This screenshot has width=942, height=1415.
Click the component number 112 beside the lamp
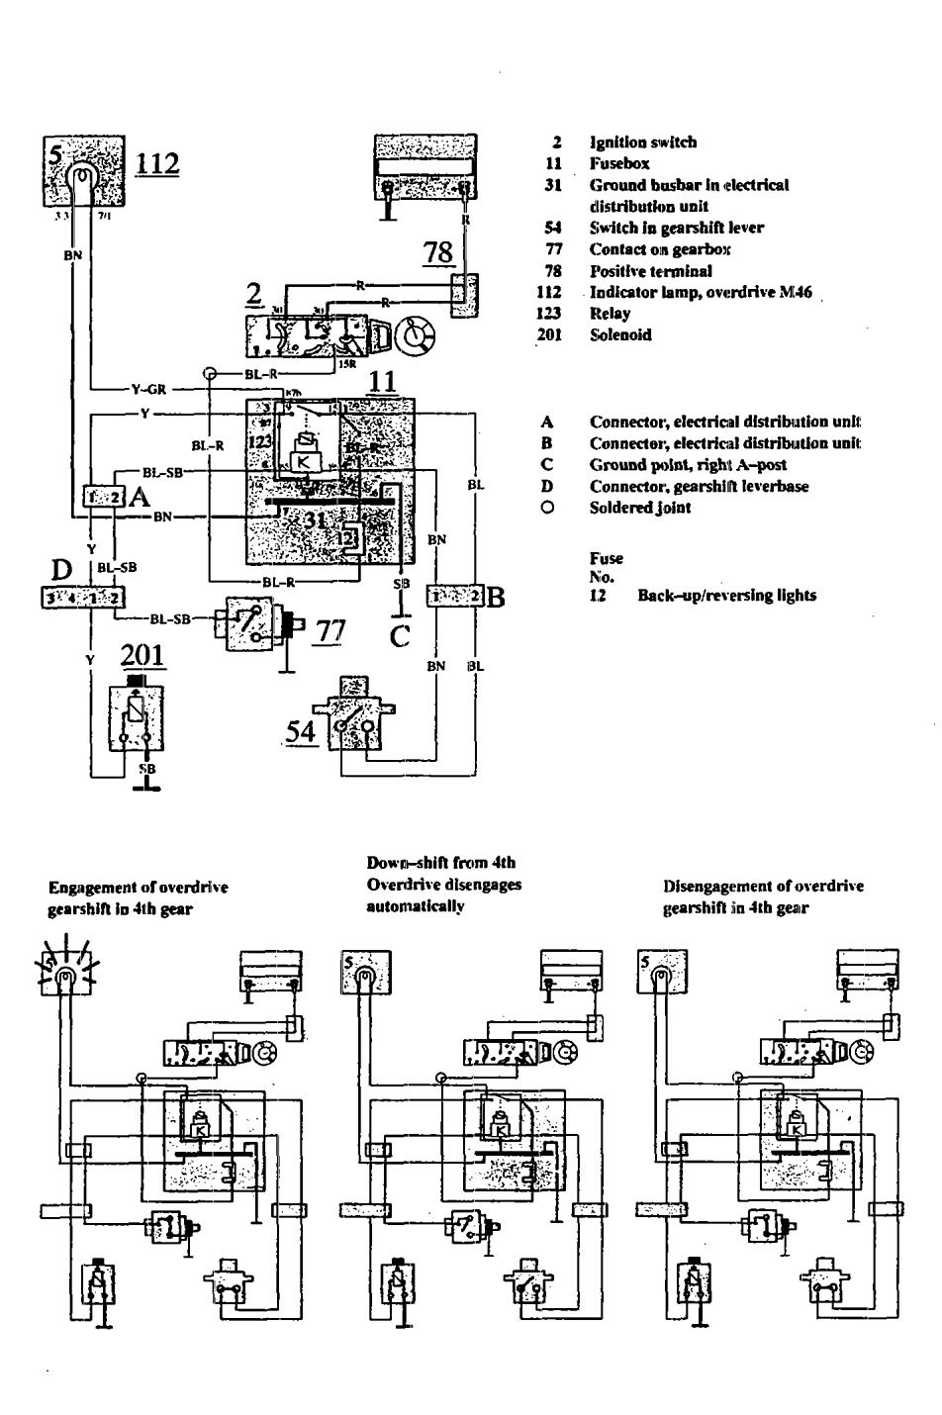158,162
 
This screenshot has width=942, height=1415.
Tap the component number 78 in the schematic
438,253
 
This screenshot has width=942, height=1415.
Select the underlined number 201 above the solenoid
143,655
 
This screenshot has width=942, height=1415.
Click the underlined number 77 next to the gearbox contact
330,630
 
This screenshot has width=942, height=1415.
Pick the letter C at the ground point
400,636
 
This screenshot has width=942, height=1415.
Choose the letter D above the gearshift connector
63,571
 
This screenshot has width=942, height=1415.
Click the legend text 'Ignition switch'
643,142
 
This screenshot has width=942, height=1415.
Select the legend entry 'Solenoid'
620,335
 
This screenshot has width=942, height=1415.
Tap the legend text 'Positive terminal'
650,271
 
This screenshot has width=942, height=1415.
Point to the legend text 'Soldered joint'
640,508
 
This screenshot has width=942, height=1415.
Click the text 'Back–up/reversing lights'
726,596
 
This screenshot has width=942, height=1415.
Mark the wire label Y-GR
149,389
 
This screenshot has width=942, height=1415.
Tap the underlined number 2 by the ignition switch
254,294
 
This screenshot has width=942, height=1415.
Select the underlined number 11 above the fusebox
382,381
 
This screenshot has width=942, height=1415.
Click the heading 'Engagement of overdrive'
138,888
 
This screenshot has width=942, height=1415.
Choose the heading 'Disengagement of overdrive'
763,887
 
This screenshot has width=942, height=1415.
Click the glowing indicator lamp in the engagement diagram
63,978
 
